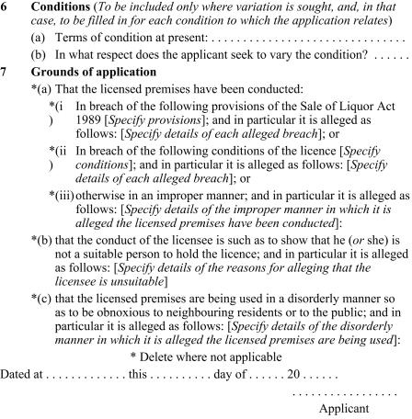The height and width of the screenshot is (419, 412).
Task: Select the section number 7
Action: pos(6,94)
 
